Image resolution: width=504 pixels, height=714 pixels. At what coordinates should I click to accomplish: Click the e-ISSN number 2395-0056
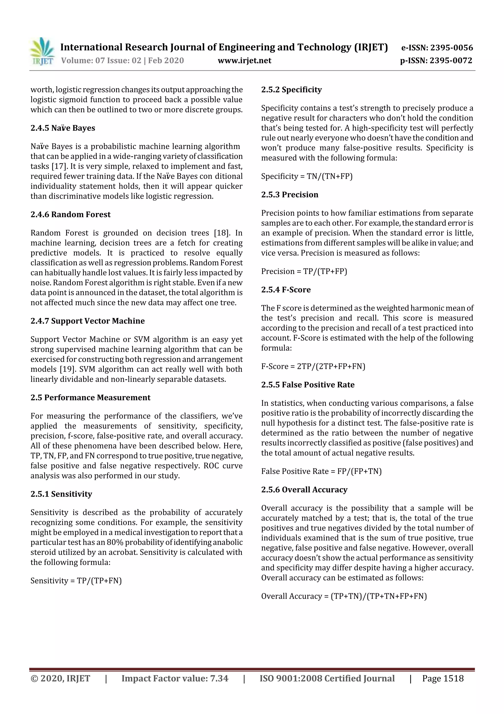[x=451, y=48]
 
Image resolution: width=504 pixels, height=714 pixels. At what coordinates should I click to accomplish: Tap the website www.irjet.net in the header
[x=244, y=60]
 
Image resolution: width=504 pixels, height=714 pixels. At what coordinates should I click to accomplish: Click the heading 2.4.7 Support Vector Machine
[x=88, y=321]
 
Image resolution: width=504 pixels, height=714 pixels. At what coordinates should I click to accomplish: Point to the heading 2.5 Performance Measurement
[x=90, y=398]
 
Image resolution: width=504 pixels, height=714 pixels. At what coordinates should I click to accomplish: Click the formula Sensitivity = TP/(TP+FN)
[x=76, y=581]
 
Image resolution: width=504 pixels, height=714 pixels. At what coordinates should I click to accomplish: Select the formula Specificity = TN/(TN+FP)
[x=306, y=176]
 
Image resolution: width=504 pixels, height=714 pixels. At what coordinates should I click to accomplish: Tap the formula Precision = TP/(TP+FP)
[x=304, y=271]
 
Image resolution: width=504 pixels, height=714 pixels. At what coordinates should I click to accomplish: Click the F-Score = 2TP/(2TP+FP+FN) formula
[x=313, y=366]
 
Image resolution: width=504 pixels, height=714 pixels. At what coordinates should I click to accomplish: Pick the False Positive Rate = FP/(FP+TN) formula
[x=321, y=471]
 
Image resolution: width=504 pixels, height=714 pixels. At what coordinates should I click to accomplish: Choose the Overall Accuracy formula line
[x=344, y=596]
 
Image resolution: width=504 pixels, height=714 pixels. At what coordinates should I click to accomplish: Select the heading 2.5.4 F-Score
[x=286, y=290]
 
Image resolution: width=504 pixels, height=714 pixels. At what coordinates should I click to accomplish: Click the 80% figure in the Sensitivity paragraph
[x=115, y=542]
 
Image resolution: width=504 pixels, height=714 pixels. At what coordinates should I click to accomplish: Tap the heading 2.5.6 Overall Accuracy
[x=304, y=489]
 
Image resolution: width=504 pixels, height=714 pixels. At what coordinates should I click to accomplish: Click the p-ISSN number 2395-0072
[x=451, y=60]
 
